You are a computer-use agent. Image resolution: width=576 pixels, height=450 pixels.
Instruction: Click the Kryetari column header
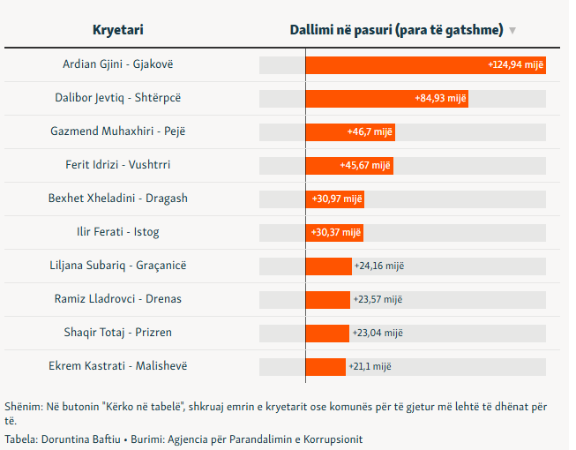(x=118, y=30)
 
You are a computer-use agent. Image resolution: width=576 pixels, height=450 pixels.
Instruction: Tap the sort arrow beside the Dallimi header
(x=512, y=31)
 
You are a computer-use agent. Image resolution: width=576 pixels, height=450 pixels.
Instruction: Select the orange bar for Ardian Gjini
(x=426, y=65)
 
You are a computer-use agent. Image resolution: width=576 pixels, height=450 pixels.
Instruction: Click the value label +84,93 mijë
(x=440, y=99)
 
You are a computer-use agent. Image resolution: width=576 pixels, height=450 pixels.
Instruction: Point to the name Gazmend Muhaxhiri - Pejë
(x=118, y=131)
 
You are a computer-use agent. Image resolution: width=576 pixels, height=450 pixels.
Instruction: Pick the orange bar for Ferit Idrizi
(x=349, y=166)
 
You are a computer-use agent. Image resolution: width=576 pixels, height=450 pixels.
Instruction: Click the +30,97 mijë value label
(x=337, y=199)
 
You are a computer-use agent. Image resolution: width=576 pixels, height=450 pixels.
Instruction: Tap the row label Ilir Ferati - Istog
(x=118, y=232)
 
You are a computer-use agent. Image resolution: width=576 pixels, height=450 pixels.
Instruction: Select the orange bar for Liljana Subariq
(x=329, y=266)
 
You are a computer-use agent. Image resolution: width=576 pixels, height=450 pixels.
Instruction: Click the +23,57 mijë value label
(x=378, y=299)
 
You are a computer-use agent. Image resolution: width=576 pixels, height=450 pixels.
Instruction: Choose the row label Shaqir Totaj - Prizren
(x=118, y=332)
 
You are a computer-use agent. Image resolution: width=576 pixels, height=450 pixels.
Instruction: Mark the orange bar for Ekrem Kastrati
(x=325, y=367)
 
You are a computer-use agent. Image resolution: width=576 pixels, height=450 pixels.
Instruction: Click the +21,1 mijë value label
(x=370, y=366)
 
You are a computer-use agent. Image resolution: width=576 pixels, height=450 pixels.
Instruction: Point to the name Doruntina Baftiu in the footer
(x=81, y=439)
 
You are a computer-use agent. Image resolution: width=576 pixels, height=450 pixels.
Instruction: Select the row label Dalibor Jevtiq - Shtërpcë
(x=118, y=98)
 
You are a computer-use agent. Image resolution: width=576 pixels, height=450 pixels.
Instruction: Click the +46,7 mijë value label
(x=370, y=131)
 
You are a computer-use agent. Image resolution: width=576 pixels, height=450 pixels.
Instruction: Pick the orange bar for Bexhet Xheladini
(x=335, y=199)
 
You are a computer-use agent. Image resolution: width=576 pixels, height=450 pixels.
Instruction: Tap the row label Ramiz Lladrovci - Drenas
(x=118, y=298)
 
